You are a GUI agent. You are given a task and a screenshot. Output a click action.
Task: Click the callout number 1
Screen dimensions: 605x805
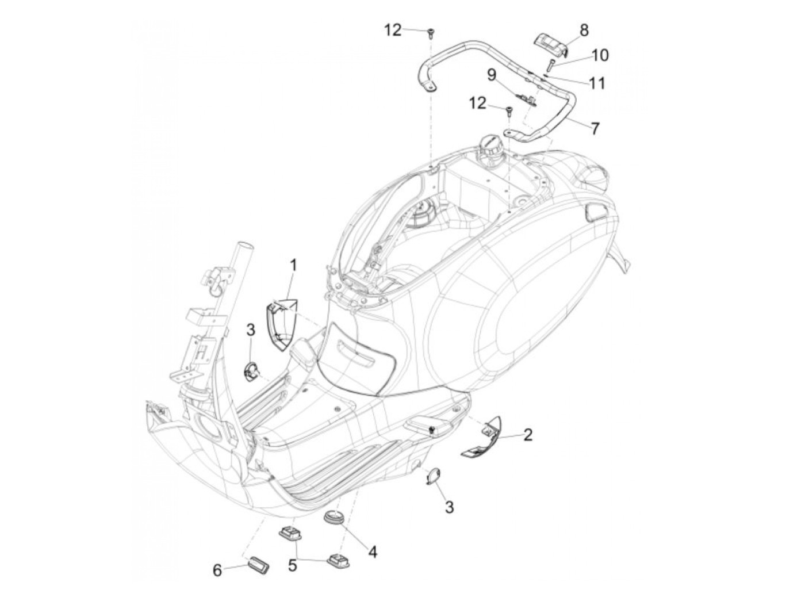pyautogui.click(x=293, y=266)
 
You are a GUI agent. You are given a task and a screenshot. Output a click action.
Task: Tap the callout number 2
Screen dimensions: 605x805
pyautogui.click(x=528, y=434)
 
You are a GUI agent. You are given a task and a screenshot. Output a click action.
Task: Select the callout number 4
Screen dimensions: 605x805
pyautogui.click(x=373, y=553)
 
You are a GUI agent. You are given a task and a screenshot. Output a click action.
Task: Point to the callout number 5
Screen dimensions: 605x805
pyautogui.click(x=293, y=566)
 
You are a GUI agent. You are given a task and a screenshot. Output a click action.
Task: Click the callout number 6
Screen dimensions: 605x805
pyautogui.click(x=217, y=570)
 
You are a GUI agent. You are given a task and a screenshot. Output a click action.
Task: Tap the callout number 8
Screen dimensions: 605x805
pyautogui.click(x=584, y=30)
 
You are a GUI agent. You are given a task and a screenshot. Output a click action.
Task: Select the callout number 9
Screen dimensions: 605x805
pyautogui.click(x=491, y=75)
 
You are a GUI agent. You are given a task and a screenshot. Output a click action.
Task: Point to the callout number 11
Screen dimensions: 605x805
pyautogui.click(x=598, y=83)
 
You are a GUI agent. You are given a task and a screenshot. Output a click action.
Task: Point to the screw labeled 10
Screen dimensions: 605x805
pyautogui.click(x=550, y=64)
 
